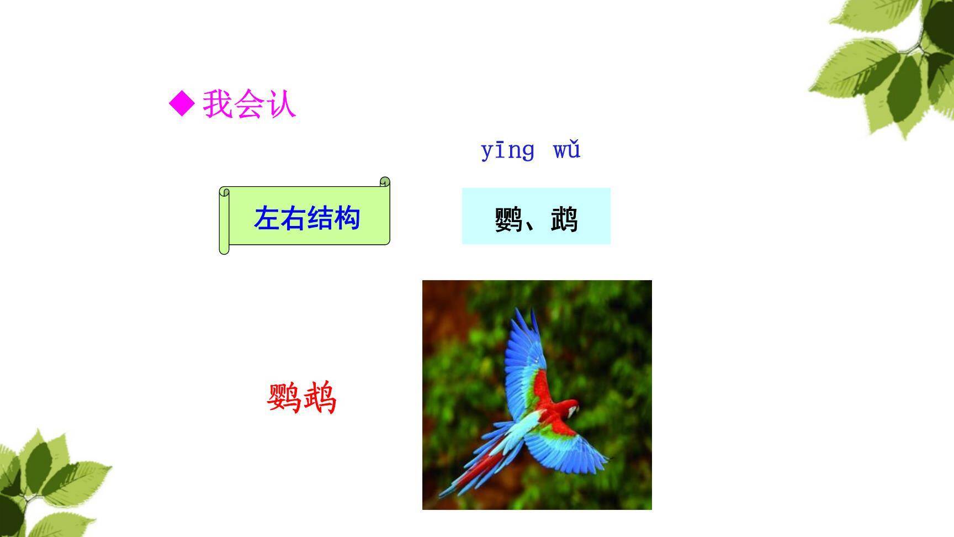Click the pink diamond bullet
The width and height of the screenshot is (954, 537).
pyautogui.click(x=182, y=104)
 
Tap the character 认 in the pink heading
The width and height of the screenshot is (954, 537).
pyautogui.click(x=281, y=104)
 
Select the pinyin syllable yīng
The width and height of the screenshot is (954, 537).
pyautogui.click(x=507, y=150)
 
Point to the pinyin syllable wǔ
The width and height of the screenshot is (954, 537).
pyautogui.click(x=566, y=150)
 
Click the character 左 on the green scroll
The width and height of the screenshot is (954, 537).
pyautogui.click(x=267, y=218)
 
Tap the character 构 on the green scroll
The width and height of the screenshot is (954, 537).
pyautogui.click(x=347, y=218)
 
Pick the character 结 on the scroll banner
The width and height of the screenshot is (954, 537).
pyautogui.click(x=321, y=218)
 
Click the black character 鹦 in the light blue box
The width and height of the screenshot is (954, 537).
pyautogui.click(x=508, y=219)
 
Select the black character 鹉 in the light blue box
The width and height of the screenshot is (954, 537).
pyautogui.click(x=564, y=219)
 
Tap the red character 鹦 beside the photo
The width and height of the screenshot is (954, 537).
pyautogui.click(x=284, y=398)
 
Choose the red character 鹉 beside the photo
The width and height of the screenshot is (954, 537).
pyautogui.click(x=319, y=398)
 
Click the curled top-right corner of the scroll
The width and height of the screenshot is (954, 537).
pyautogui.click(x=385, y=182)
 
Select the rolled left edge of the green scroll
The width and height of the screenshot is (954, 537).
pyautogui.click(x=224, y=221)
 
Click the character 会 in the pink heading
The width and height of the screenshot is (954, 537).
pyautogui.click(x=249, y=104)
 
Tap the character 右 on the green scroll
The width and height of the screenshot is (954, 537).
pyautogui.click(x=294, y=218)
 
